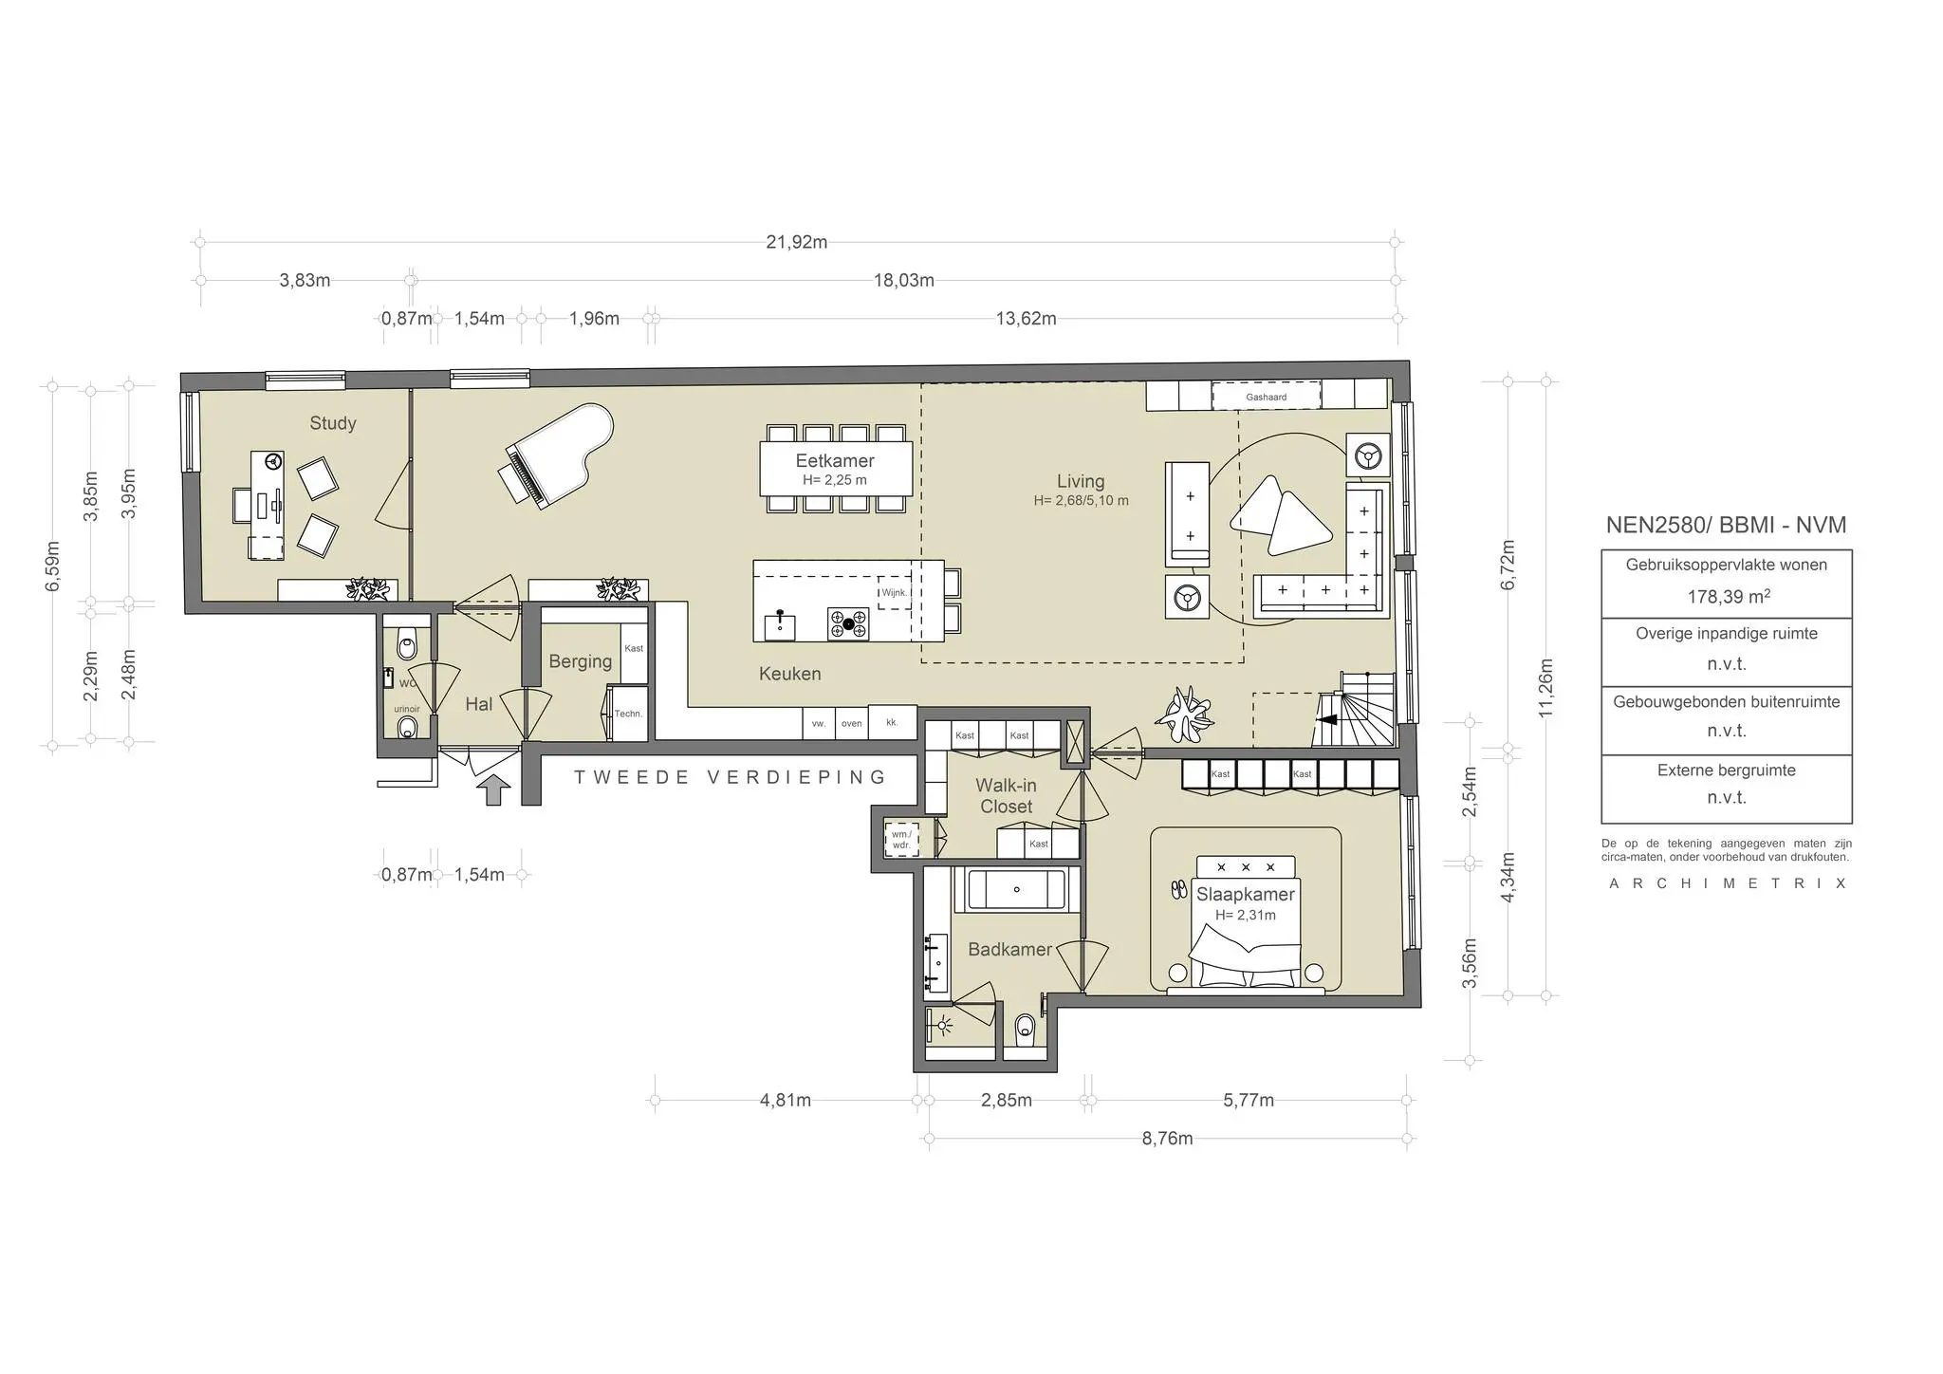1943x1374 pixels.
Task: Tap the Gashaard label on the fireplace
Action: pyautogui.click(x=1266, y=397)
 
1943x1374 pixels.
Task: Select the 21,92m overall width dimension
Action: pyautogui.click(x=796, y=242)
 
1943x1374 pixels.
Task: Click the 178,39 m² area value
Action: pyautogui.click(x=1727, y=597)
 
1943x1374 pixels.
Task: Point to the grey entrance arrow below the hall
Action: pyautogui.click(x=493, y=789)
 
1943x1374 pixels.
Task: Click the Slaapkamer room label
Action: pyautogui.click(x=1245, y=894)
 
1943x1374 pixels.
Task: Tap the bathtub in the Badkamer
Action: pyautogui.click(x=1016, y=890)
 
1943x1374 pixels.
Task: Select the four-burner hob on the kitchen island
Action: pyautogui.click(x=848, y=623)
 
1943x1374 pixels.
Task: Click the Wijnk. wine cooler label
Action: pyautogui.click(x=894, y=592)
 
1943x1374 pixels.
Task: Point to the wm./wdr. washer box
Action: pyautogui.click(x=900, y=839)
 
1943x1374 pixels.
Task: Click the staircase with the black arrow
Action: pyautogui.click(x=1357, y=712)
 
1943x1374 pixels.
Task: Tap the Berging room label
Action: pyautogui.click(x=580, y=661)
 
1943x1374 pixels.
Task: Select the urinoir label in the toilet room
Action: pyautogui.click(x=407, y=709)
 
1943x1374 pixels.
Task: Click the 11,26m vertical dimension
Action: pyautogui.click(x=1545, y=688)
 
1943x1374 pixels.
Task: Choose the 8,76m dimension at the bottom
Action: pyautogui.click(x=1167, y=1139)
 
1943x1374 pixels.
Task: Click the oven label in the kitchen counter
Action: pyautogui.click(x=851, y=723)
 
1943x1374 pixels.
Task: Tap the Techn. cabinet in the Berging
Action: pyautogui.click(x=627, y=714)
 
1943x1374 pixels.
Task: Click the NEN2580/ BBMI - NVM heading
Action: pyautogui.click(x=1726, y=525)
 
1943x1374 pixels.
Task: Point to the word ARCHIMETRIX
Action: pyautogui.click(x=1727, y=883)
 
